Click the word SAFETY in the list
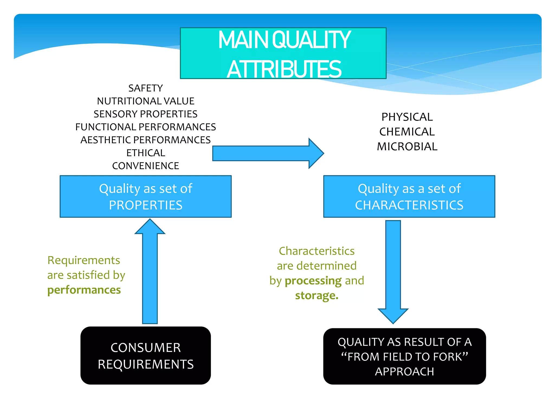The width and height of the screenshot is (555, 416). [x=146, y=88]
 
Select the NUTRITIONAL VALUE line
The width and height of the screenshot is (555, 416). [x=146, y=101]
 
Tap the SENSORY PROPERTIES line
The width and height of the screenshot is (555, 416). [x=146, y=114]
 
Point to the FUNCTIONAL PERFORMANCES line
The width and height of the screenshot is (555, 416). [x=146, y=127]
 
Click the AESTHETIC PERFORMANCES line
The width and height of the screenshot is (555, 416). [x=146, y=140]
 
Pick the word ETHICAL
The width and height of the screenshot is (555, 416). [x=146, y=153]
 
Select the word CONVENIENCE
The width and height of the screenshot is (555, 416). [x=146, y=166]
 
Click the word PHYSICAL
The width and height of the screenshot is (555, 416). [x=407, y=117]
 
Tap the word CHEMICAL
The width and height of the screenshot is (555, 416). [x=407, y=132]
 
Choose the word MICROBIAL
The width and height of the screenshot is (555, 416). [x=407, y=147]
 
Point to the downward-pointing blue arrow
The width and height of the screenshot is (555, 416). [x=393, y=271]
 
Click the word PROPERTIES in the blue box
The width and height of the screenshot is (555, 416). [x=146, y=205]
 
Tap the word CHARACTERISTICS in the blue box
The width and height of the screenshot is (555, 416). [x=409, y=205]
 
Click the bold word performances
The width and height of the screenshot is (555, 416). [x=84, y=290]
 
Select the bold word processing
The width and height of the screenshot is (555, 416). [x=313, y=281]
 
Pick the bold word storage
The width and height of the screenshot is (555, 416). [x=317, y=295]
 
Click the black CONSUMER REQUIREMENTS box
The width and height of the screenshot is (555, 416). [x=146, y=355]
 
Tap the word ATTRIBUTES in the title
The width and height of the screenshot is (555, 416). [x=284, y=69]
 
